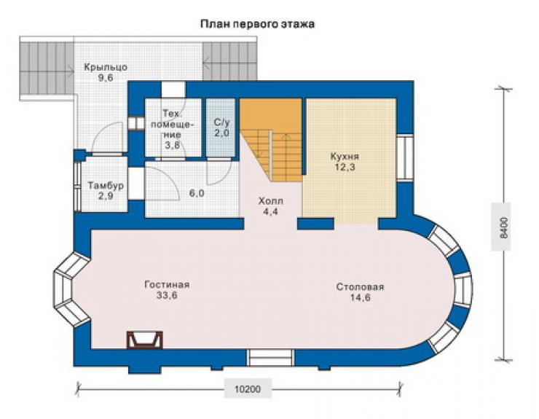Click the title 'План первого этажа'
(x=257, y=25)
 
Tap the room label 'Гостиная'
(x=167, y=285)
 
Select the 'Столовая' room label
(x=361, y=286)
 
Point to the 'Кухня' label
(x=345, y=157)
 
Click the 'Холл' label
(x=271, y=201)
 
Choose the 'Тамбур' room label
(x=106, y=186)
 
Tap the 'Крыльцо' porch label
(x=106, y=68)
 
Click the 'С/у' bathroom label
(x=221, y=122)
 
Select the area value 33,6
(x=167, y=296)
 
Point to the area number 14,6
(x=361, y=297)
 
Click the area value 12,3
(x=345, y=168)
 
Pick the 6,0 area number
(x=196, y=193)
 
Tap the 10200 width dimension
(x=248, y=389)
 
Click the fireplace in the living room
(x=144, y=340)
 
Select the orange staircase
(x=272, y=140)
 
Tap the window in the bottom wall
(x=271, y=358)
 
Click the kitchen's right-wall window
(x=405, y=157)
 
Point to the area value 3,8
(x=172, y=145)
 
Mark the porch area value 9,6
(x=106, y=78)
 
